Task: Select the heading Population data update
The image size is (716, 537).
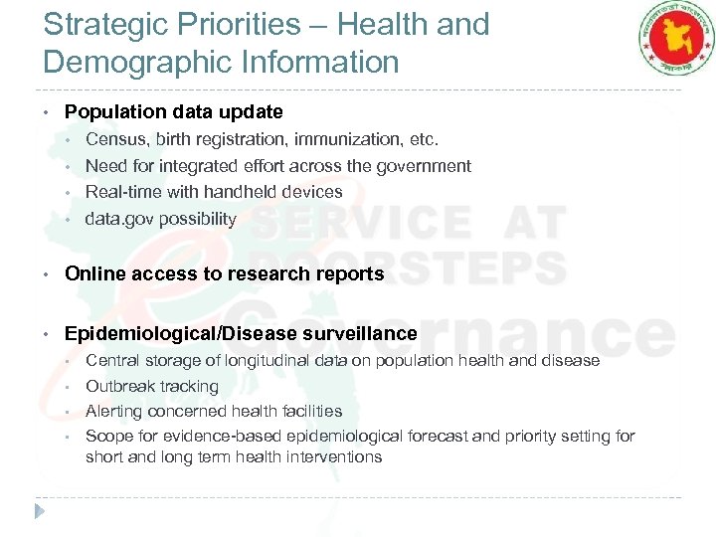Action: point(174,112)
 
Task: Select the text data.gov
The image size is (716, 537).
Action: point(117,219)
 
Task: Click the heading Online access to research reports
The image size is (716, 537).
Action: point(224,273)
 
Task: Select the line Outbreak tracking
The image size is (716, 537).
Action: point(152,386)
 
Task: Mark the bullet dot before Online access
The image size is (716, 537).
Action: point(48,273)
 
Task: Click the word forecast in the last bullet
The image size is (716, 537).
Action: point(454,437)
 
